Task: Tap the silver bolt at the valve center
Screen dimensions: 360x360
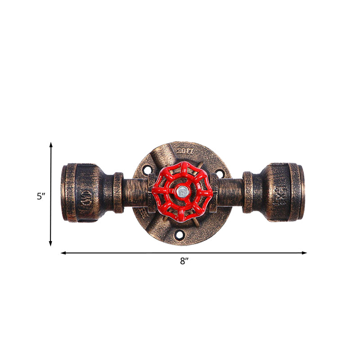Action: click(183, 191)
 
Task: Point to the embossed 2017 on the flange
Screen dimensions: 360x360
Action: click(185, 151)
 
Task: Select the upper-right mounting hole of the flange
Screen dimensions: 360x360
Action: click(219, 172)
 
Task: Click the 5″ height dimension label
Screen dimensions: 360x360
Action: click(41, 196)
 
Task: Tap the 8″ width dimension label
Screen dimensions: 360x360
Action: click(183, 261)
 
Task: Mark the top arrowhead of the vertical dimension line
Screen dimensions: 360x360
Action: click(51, 145)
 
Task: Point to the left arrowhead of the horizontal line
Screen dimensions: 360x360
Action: click(63, 253)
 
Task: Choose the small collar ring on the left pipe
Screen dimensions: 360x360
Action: click(118, 193)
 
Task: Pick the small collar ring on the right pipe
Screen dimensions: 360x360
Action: click(247, 192)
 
